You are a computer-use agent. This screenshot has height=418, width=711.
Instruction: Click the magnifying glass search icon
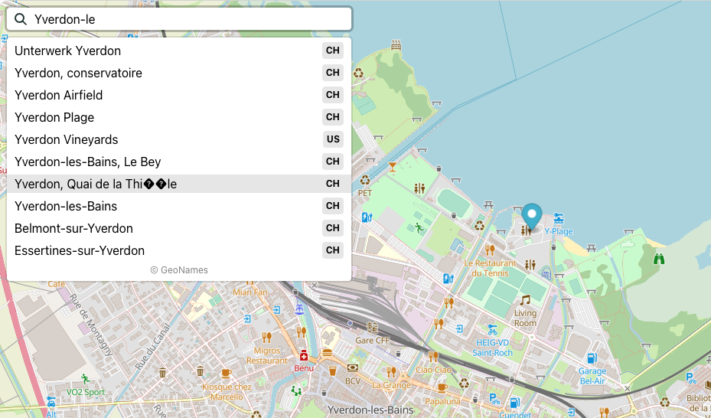pos(21,19)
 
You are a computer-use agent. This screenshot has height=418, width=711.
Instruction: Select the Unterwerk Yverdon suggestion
pos(67,51)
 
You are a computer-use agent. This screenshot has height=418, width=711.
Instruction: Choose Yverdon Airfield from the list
pos(58,96)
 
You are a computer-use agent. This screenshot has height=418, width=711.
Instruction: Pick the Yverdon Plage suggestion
pos(54,118)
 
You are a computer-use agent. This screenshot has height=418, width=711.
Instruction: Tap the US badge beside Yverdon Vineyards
pos(333,139)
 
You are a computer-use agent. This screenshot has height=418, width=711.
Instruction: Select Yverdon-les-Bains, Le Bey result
pos(87,162)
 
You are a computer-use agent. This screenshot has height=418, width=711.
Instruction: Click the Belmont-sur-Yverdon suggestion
pos(73,229)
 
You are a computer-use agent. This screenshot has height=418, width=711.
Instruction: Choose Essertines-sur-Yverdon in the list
pos(80,251)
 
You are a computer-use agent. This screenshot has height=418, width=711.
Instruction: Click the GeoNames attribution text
pos(179,270)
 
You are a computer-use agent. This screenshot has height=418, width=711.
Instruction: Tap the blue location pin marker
pos(532,216)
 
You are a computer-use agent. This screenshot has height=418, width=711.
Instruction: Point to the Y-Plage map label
pos(559,231)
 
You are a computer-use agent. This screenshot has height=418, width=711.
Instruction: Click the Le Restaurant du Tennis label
pos(491,268)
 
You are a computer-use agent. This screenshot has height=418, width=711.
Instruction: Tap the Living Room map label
pos(525,318)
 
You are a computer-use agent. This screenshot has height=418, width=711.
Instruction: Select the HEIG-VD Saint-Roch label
pos(493,348)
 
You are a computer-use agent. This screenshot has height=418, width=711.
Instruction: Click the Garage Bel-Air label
pos(592,376)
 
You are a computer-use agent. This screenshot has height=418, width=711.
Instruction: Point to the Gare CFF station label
pos(373,340)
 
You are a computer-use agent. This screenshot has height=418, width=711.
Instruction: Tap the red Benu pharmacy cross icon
pos(304,357)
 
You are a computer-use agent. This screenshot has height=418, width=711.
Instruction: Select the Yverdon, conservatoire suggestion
pos(78,73)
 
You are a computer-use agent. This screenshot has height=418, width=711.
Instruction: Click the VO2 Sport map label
pos(85,392)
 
